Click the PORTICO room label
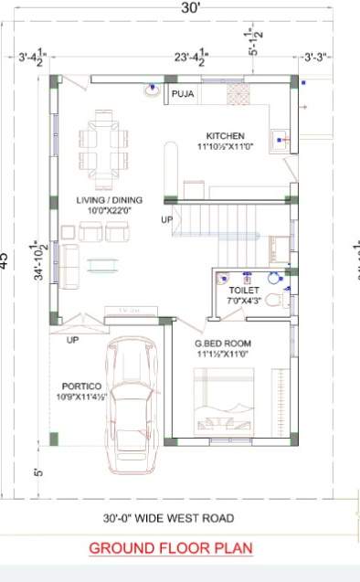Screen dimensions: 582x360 click(x=81, y=386)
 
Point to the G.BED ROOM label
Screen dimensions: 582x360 click(x=222, y=344)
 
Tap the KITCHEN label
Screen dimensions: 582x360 click(x=225, y=134)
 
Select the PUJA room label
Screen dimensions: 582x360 click(x=183, y=93)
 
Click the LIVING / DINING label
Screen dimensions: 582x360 click(x=107, y=199)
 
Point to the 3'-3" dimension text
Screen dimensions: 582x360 click(x=318, y=57)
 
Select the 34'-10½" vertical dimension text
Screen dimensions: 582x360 click(x=40, y=262)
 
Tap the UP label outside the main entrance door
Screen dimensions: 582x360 click(x=72, y=341)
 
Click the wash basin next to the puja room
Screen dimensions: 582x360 click(x=150, y=90)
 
